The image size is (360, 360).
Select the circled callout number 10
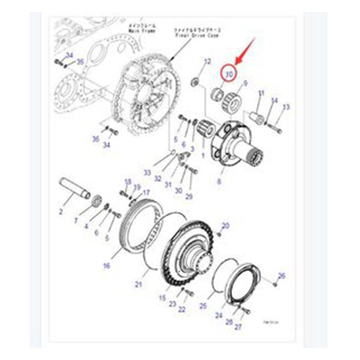[229, 74]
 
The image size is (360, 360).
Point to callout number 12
[207, 61]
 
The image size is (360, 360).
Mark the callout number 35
[80, 61]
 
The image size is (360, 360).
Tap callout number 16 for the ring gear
[106, 265]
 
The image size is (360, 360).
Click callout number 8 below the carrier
[220, 182]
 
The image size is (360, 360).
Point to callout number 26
[282, 276]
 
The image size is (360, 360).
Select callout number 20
[226, 225]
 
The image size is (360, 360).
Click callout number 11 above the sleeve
[261, 93]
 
